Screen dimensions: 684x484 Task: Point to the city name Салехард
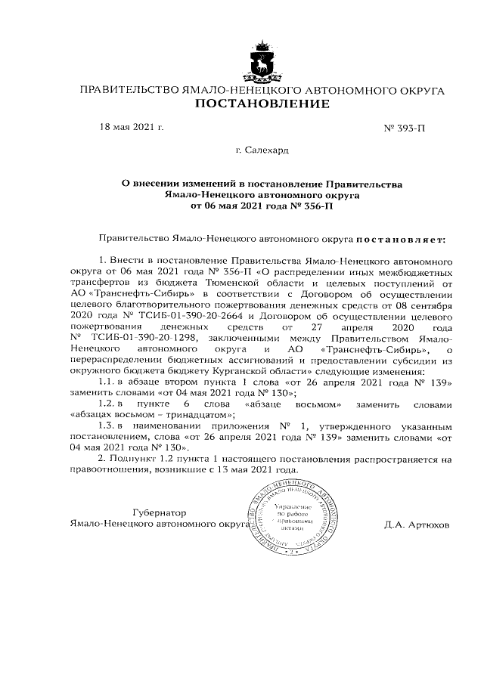[x=262, y=150]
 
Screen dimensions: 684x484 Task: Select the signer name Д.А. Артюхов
[x=417, y=524]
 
